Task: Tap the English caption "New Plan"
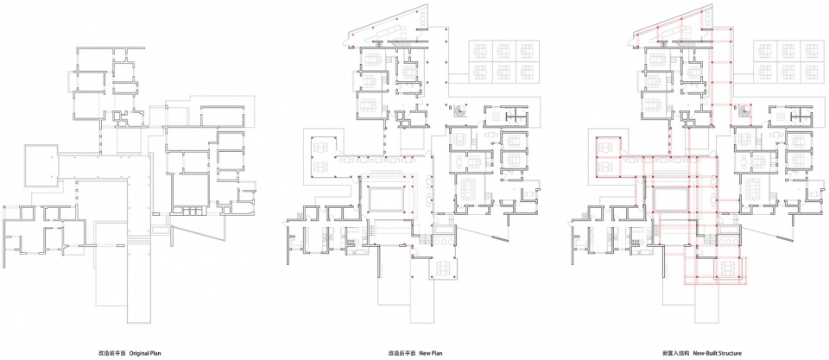tap(431, 352)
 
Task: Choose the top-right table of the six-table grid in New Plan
tap(527, 51)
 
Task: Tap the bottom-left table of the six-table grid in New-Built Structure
tap(763, 73)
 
